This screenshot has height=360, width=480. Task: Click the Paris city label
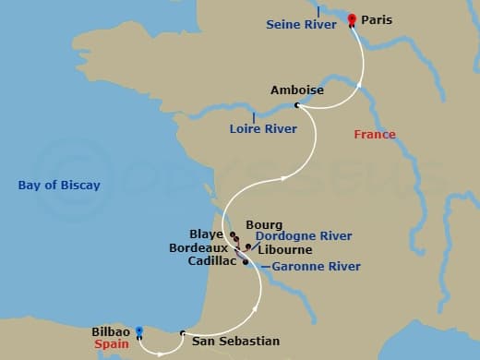click(378, 18)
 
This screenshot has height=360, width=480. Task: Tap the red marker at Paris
click(352, 19)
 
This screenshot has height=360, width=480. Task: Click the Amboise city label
click(297, 90)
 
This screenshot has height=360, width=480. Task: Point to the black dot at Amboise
click(296, 105)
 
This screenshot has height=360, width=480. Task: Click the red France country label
click(375, 135)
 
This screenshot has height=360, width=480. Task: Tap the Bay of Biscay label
click(59, 186)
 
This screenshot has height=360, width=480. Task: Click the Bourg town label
click(264, 224)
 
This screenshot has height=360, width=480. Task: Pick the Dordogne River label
click(304, 236)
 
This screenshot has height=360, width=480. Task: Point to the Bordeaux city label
click(198, 248)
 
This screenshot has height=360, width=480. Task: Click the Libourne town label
click(286, 249)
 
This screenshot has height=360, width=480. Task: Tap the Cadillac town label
click(212, 261)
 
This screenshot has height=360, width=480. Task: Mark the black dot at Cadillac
click(245, 262)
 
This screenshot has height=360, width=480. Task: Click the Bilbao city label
click(111, 330)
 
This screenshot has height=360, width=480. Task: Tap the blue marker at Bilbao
click(138, 331)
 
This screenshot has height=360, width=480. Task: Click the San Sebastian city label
click(235, 341)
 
